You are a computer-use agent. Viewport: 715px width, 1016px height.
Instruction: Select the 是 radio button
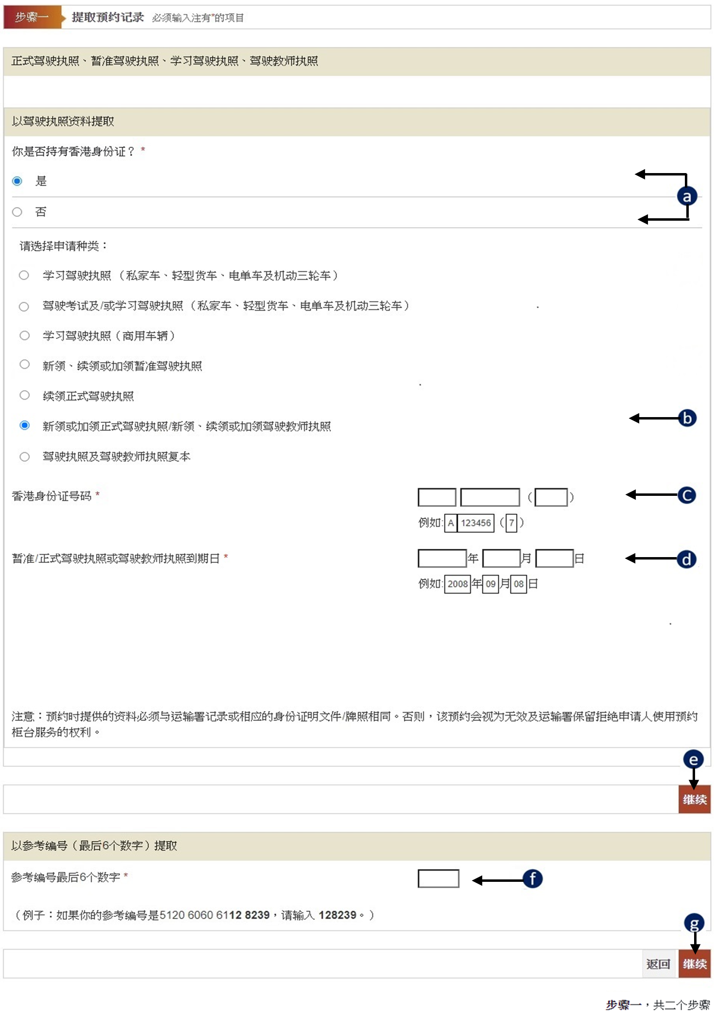click(x=17, y=181)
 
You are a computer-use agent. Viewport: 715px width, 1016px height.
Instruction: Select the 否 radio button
click(x=17, y=212)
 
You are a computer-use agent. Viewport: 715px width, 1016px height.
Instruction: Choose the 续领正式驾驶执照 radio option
click(x=24, y=395)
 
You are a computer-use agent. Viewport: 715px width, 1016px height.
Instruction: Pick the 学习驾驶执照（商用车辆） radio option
click(x=24, y=335)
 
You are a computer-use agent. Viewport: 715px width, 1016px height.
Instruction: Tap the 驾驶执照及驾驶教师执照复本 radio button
click(x=24, y=456)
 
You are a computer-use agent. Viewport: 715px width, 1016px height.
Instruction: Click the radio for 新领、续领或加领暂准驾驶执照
click(x=24, y=365)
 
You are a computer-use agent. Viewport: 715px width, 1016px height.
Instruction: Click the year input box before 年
click(x=442, y=558)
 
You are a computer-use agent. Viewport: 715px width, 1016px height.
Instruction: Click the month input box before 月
click(x=502, y=558)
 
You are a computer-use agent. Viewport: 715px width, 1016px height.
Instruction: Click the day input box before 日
click(x=555, y=558)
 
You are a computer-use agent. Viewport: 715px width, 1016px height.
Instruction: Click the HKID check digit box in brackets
click(x=551, y=497)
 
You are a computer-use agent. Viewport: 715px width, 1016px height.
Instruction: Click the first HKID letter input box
click(x=437, y=497)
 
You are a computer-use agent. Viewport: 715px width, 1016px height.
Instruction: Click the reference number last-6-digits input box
click(x=438, y=878)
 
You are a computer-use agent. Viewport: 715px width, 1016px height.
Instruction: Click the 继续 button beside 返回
click(x=695, y=963)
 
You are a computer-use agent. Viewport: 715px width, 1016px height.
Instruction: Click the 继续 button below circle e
click(x=695, y=799)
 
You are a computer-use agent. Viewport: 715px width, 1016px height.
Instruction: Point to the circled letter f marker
click(x=533, y=878)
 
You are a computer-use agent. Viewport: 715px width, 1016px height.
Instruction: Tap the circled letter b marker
click(x=687, y=418)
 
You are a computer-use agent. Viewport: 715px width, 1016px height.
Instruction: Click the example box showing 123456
click(x=476, y=523)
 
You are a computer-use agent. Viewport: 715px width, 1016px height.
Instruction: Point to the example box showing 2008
click(x=457, y=584)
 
